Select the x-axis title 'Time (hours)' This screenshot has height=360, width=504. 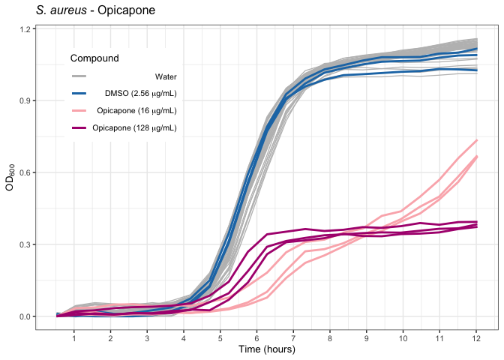[x=266, y=349]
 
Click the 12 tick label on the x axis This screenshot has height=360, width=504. [x=476, y=338]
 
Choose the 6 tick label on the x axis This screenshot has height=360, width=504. [x=256, y=338]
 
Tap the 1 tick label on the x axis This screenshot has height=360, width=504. [x=73, y=338]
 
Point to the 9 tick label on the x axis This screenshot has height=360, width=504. [x=367, y=338]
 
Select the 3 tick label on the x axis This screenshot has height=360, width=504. [x=147, y=338]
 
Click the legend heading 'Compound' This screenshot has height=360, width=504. [x=94, y=58]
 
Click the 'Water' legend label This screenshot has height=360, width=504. [x=166, y=76]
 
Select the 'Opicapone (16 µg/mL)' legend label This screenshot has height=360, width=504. [x=142, y=111]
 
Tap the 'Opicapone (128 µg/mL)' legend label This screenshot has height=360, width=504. [x=134, y=128]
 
